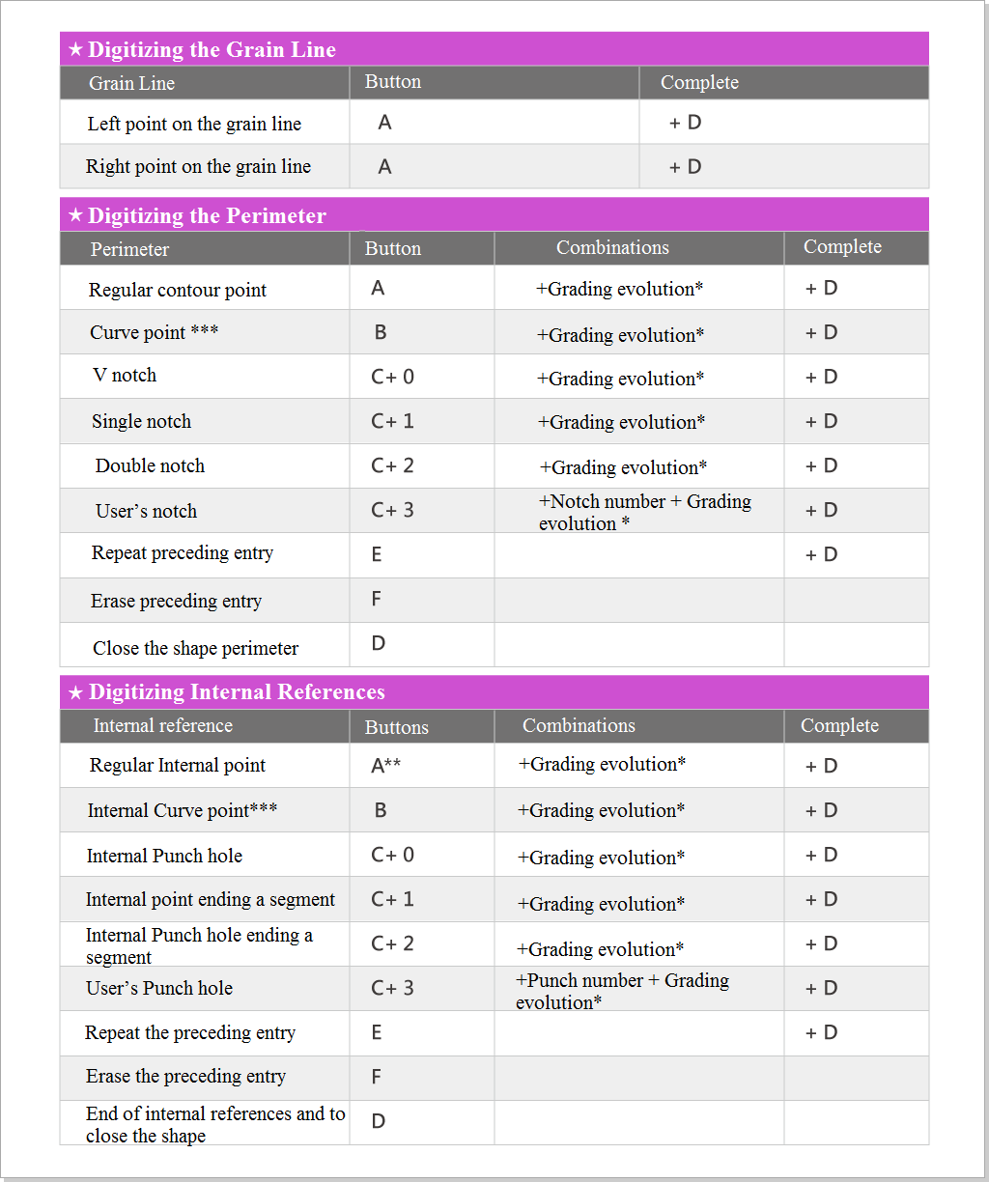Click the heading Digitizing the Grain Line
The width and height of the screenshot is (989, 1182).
212,50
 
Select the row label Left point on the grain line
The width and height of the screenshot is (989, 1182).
194,124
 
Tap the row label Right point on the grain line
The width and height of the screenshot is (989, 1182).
198,166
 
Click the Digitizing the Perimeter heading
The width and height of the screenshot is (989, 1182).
207,216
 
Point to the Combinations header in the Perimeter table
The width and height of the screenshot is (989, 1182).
612,248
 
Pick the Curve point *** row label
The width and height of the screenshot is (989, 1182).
154,332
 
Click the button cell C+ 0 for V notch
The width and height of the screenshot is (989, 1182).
392,377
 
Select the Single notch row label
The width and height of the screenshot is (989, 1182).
141,421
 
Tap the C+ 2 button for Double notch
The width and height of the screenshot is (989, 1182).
392,465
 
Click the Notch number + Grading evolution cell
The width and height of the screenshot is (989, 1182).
644,512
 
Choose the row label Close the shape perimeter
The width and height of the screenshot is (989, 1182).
195,648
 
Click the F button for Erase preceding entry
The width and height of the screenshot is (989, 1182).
377,600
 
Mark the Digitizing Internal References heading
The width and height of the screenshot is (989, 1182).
237,692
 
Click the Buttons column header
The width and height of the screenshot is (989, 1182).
396,727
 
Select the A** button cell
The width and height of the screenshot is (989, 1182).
385,766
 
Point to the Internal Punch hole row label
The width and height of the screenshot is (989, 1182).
164,856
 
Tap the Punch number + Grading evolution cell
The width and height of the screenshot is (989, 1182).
622,991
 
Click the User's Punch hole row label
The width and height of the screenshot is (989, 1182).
159,988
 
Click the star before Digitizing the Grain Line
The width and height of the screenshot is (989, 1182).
75,50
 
